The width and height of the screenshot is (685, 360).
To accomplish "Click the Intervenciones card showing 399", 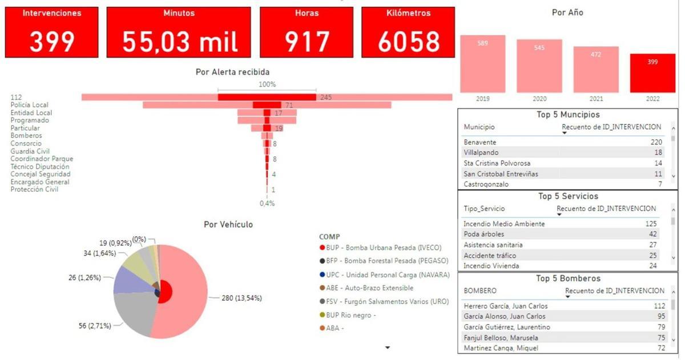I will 52,33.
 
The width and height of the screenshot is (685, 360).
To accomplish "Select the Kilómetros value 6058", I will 408,42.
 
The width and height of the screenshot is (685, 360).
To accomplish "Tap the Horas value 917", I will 307,42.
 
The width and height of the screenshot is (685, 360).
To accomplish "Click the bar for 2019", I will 483,64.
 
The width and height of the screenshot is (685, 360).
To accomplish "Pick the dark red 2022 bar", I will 652,73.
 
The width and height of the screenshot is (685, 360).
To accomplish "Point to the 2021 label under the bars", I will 596,99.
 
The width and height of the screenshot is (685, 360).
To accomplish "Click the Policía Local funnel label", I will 30,105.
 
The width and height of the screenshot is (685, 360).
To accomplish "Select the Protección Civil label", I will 34,189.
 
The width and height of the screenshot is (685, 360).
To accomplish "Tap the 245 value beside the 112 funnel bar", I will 326,97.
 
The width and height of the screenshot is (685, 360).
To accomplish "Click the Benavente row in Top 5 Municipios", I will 480,142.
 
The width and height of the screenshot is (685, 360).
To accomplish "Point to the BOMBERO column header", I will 480,291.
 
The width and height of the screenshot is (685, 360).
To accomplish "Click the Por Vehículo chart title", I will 228,225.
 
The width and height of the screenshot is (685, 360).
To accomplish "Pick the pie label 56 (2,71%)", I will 94,326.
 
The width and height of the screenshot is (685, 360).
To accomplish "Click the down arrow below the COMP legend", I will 388,347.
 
